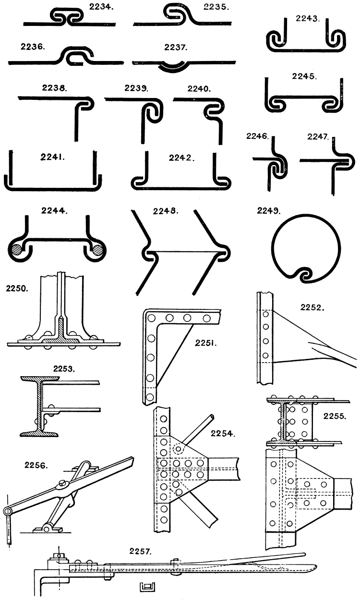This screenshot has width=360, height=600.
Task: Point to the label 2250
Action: (17, 289)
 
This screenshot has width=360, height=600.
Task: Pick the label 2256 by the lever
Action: (36, 465)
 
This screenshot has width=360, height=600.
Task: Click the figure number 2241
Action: (49, 156)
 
